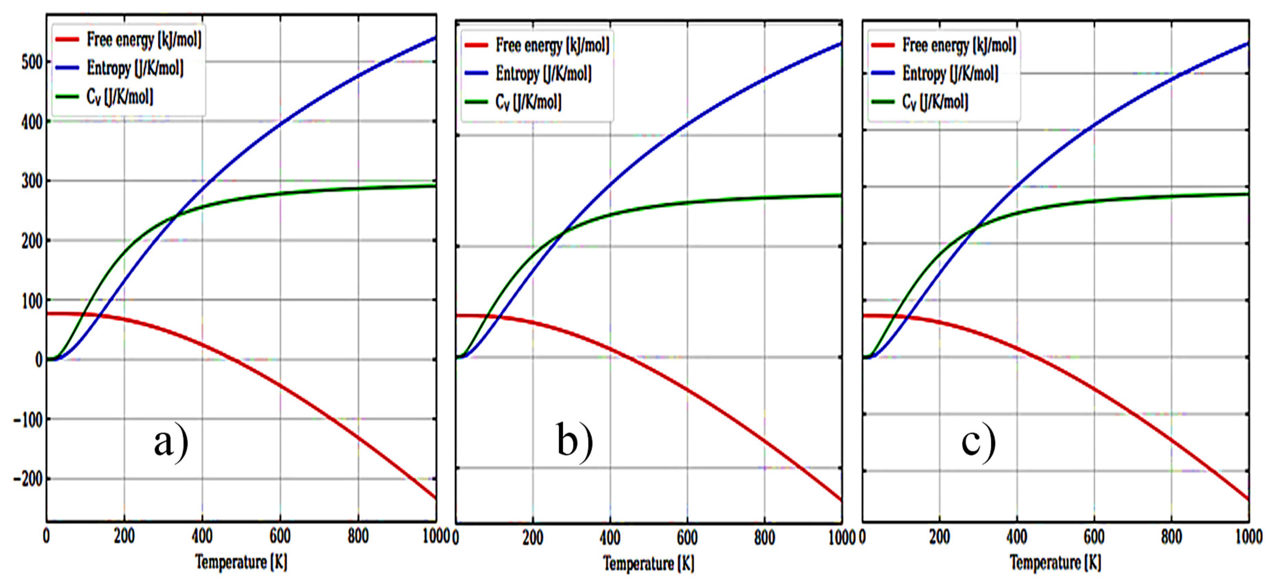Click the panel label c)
pyautogui.click(x=978, y=442)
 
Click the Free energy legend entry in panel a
pyautogui.click(x=144, y=40)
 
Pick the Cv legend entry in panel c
pyautogui.click(x=935, y=102)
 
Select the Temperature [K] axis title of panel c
pyautogui.click(x=1055, y=562)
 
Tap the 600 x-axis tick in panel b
pyautogui.click(x=687, y=537)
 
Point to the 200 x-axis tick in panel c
pyautogui.click(x=939, y=536)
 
